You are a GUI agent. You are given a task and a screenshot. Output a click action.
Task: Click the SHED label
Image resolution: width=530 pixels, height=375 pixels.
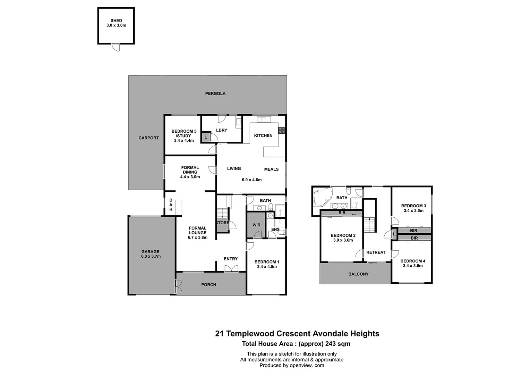[x=116, y=21]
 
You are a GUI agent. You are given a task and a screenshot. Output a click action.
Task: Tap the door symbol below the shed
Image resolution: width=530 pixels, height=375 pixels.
[x=116, y=47]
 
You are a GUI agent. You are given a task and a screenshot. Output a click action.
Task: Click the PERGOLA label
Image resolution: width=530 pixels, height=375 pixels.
[x=215, y=93]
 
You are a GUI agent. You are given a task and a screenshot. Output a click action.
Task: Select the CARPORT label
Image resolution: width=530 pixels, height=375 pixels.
[x=148, y=138]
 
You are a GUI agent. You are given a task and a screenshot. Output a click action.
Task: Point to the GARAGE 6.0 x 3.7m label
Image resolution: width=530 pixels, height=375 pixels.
[x=151, y=254]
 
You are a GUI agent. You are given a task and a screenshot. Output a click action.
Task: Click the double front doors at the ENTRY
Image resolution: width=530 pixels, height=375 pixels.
[x=231, y=268]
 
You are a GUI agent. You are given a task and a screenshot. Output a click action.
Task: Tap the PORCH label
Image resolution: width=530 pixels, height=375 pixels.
[x=208, y=285]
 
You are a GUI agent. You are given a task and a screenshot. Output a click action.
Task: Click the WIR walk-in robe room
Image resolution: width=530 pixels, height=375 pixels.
[x=256, y=225]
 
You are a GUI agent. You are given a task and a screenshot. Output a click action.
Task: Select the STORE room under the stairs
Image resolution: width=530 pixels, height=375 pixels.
[x=222, y=223]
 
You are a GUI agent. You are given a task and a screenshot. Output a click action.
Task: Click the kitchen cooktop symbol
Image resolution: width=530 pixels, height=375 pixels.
[x=282, y=131]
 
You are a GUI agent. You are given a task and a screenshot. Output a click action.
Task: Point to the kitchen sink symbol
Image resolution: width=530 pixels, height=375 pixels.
[x=264, y=119]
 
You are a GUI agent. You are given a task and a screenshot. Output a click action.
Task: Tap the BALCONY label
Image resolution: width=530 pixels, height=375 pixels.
[x=358, y=274]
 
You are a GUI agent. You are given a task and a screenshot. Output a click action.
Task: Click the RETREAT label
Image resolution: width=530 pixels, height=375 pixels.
[x=376, y=252]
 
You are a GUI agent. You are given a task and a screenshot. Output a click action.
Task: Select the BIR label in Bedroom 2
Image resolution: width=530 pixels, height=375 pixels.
[x=342, y=213]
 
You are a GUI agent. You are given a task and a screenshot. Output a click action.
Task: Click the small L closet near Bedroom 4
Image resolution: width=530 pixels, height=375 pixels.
[x=394, y=235]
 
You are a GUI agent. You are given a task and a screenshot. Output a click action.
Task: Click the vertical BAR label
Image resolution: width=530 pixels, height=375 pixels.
[x=171, y=205]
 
